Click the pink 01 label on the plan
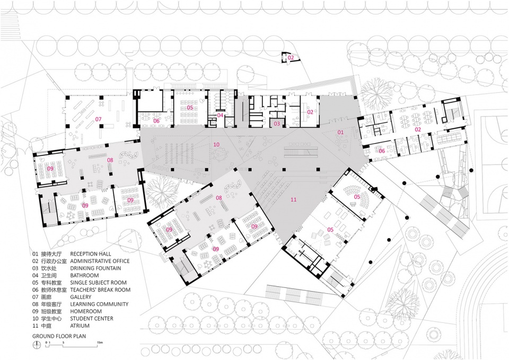click(x=340, y=132)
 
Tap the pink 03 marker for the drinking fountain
click(x=277, y=124)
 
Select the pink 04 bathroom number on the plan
click(x=220, y=115)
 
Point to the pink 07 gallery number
click(x=98, y=119)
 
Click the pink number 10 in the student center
click(x=216, y=144)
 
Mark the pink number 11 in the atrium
click(x=293, y=200)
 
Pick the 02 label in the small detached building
click(x=291, y=57)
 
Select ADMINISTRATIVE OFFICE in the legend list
click(x=100, y=261)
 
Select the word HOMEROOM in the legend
click(x=86, y=311)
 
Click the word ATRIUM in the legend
click(x=80, y=326)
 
